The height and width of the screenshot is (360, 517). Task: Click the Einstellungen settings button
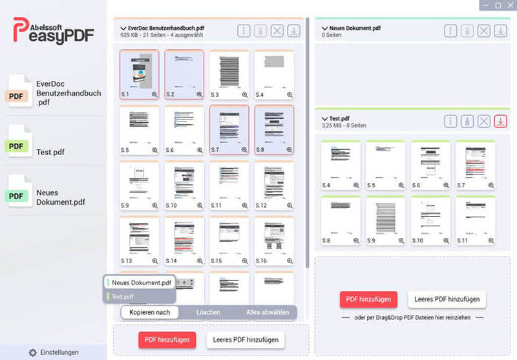[x=54, y=352]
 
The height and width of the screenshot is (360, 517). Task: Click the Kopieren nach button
[x=149, y=312]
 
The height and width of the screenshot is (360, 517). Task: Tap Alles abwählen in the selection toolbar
[x=267, y=312]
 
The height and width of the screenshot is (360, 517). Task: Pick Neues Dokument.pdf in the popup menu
[x=141, y=282]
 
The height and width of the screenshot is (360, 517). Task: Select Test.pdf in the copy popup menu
[x=123, y=297]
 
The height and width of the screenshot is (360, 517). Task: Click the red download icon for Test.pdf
[x=500, y=122]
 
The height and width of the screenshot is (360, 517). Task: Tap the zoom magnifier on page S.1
[x=154, y=94]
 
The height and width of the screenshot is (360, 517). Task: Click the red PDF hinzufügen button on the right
[x=359, y=299]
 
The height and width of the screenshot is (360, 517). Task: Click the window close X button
[x=509, y=5]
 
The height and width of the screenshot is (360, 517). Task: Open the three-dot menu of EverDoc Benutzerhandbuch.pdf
[x=243, y=30]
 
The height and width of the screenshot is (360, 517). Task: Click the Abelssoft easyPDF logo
[x=54, y=30]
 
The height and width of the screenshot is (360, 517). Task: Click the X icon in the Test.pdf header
[x=483, y=122]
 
